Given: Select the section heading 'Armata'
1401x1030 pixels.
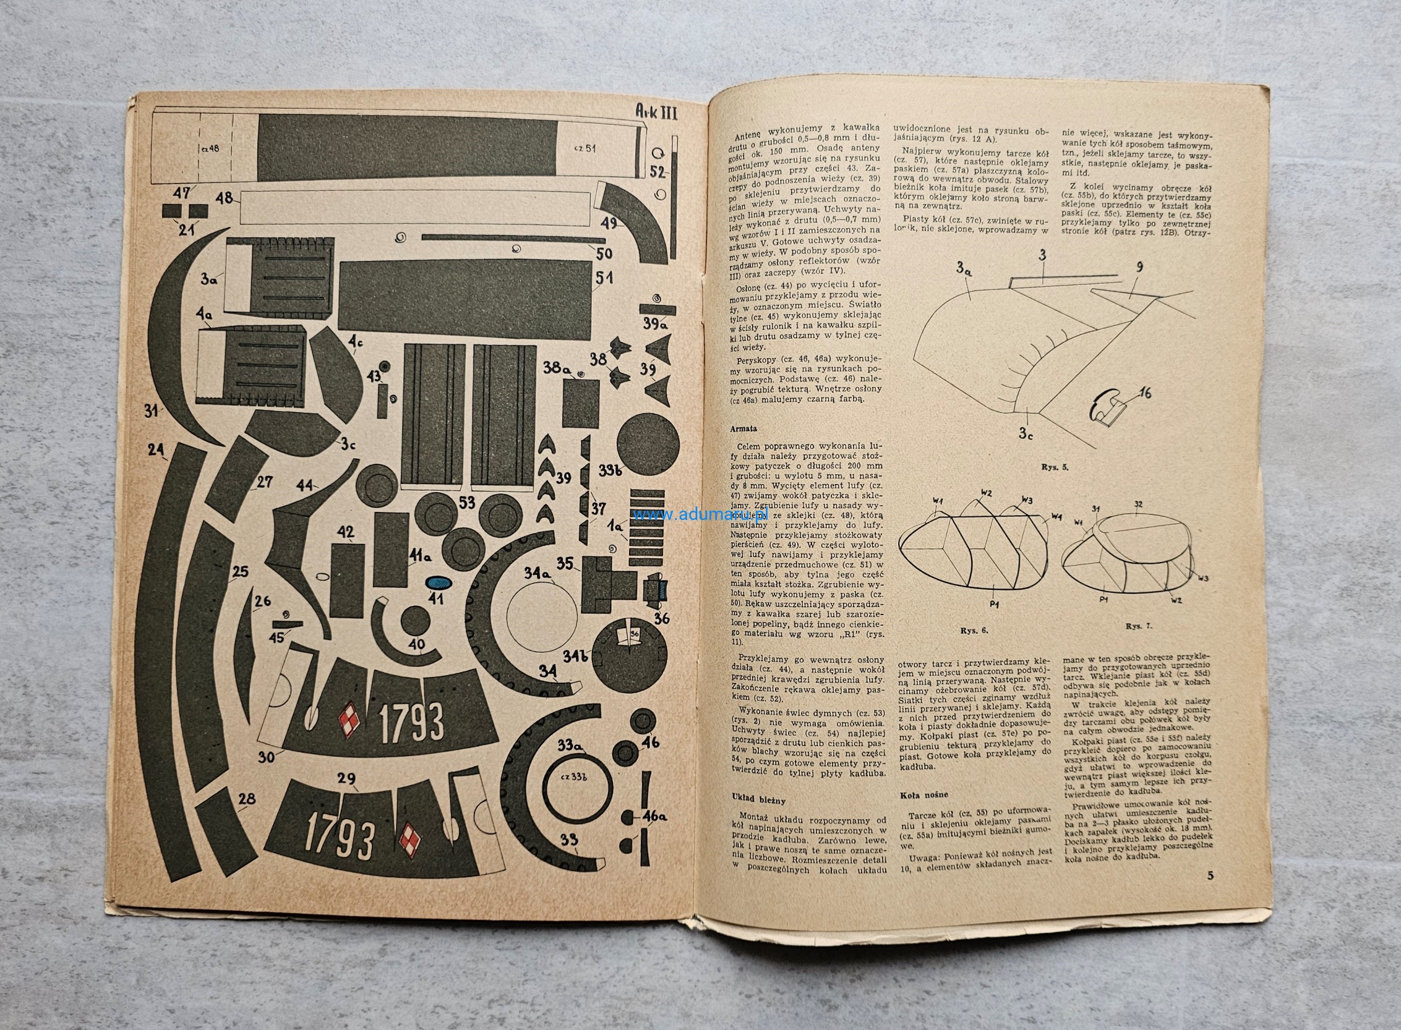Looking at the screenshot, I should [743, 429].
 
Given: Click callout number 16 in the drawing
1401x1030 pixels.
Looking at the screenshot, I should [1144, 393].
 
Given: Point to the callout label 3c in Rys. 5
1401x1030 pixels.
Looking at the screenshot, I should [1026, 432].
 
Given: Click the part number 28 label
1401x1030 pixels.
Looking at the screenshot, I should [247, 798].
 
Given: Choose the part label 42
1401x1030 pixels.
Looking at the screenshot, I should [345, 532].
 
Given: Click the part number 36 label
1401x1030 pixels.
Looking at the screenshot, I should [661, 618].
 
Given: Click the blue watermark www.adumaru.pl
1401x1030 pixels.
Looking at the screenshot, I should [700, 515].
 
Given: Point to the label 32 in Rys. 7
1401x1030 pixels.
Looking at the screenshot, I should [1138, 504].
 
